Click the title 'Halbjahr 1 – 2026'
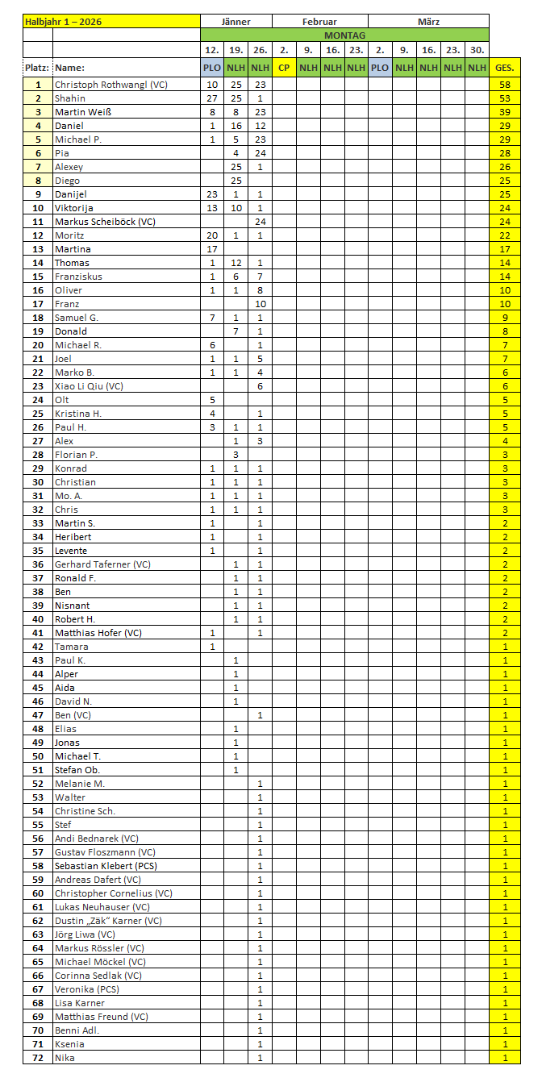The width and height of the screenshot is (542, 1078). [x=68, y=22]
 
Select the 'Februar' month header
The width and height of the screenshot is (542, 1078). [x=319, y=22]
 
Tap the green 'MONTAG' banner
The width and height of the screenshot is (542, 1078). [x=344, y=35]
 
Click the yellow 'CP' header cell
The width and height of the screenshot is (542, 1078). [x=284, y=68]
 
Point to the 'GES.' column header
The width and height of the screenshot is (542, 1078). [x=505, y=68]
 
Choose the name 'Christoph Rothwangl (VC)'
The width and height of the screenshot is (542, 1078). [x=110, y=84]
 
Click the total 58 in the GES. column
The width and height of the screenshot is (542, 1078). [x=505, y=84]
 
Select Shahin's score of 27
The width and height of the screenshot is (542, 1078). [x=212, y=98]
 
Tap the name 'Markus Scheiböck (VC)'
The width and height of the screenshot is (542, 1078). [x=104, y=222]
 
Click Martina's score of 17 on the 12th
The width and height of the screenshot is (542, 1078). [x=212, y=249]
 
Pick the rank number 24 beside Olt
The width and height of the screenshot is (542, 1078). [x=38, y=400]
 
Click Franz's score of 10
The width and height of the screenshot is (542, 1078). [x=260, y=304]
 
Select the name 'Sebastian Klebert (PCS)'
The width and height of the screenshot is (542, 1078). [x=106, y=866]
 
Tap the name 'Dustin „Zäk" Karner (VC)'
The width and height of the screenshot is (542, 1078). [x=108, y=921]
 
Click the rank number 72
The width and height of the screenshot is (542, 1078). [x=38, y=1058]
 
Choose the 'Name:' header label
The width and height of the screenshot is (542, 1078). [x=69, y=68]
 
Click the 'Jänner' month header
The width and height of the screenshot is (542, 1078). [x=236, y=22]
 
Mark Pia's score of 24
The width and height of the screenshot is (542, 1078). [x=260, y=153]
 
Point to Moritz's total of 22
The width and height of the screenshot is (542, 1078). [x=505, y=235]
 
